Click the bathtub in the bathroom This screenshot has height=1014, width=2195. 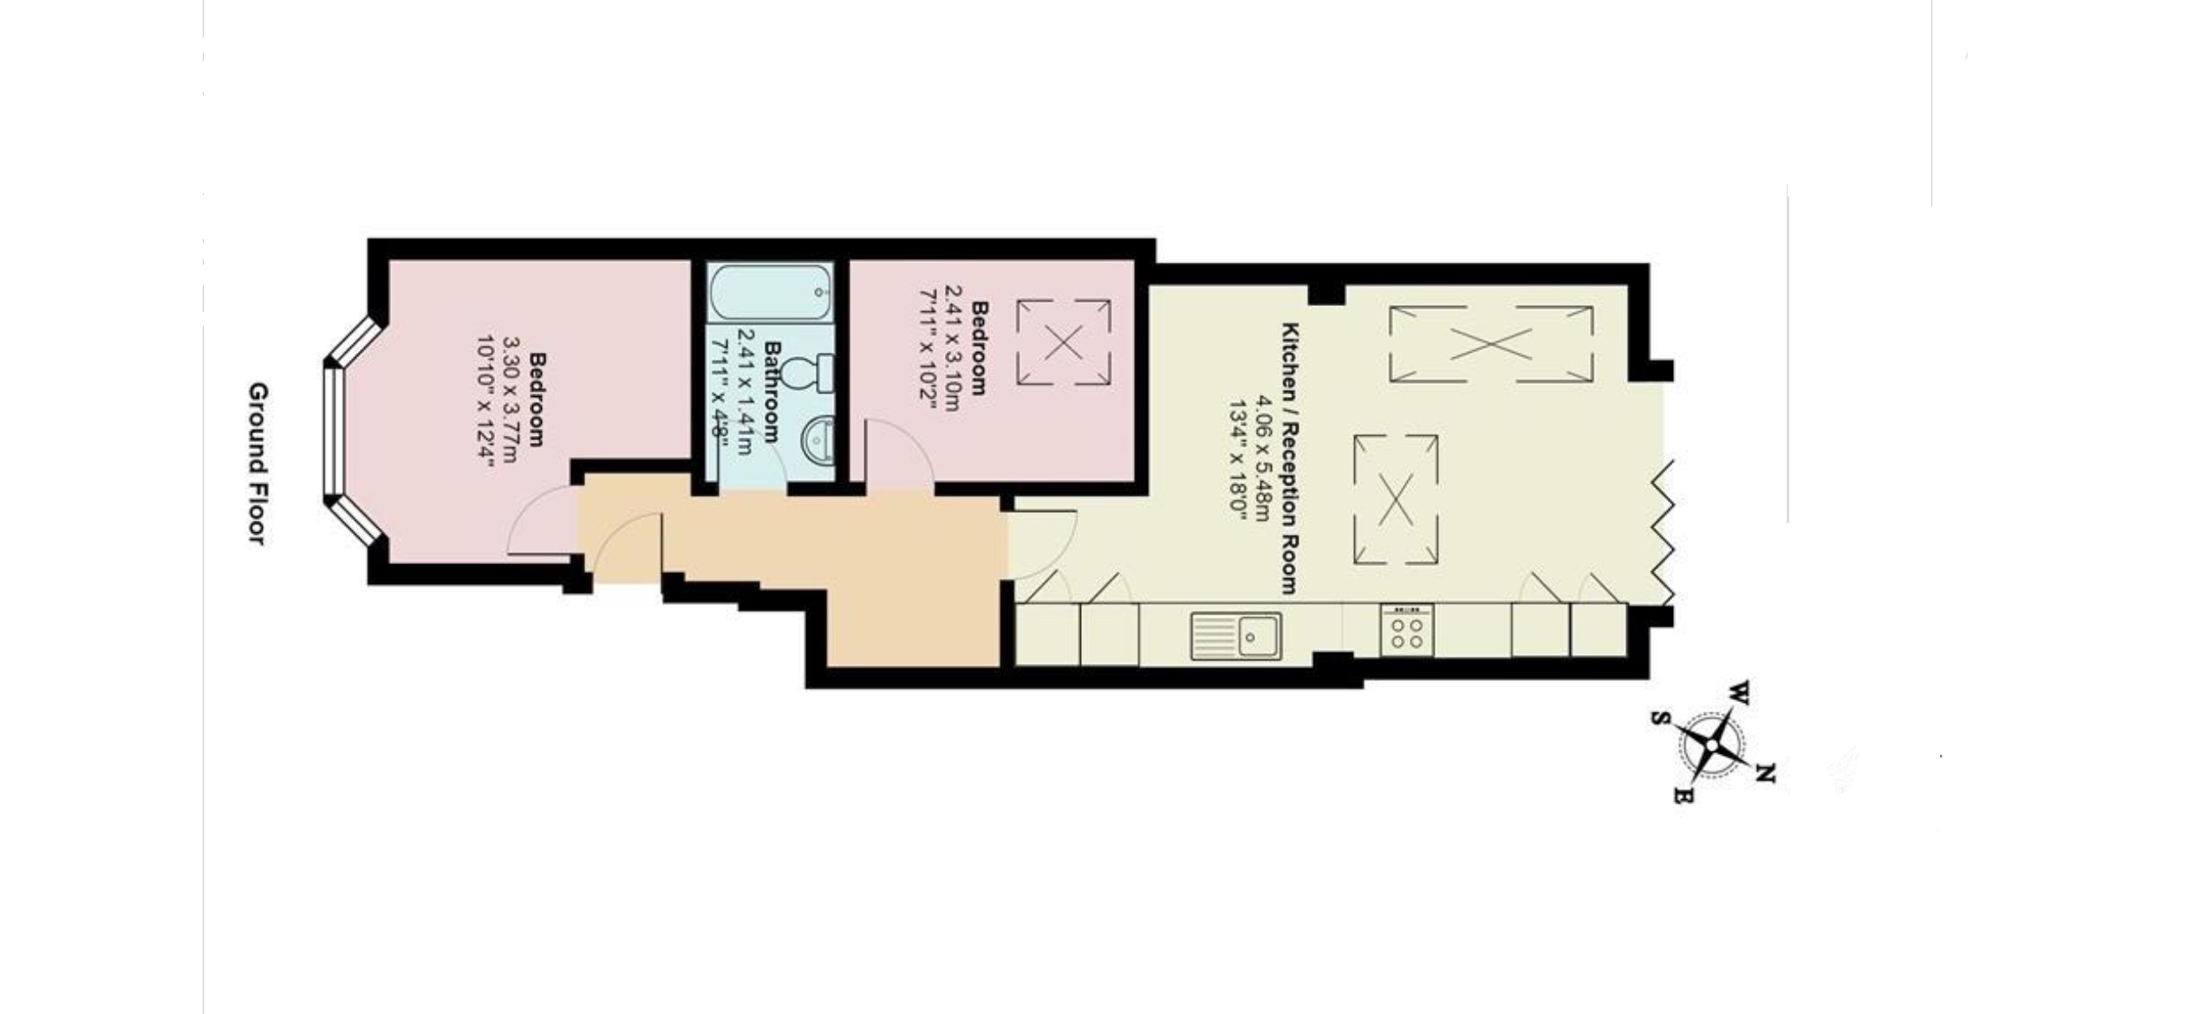pos(771,293)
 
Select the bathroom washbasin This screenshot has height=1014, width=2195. pos(816,439)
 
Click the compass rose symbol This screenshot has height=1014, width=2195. pos(1714,744)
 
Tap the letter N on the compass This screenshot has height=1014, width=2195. pos(1765,772)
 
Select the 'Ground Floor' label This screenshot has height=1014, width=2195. pos(258,464)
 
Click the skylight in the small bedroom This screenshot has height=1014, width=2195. pos(1064,342)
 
